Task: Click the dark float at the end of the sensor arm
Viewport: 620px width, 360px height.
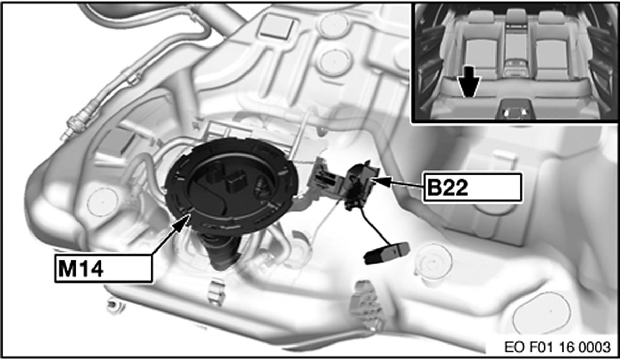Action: point(387,253)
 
